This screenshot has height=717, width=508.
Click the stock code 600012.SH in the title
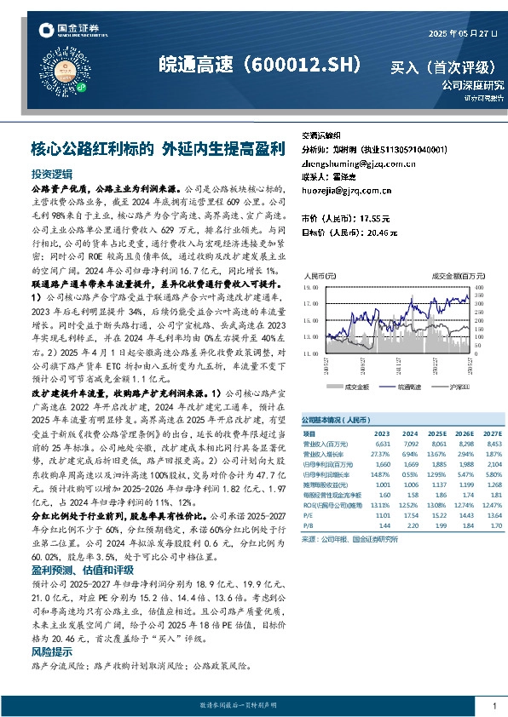click(304, 65)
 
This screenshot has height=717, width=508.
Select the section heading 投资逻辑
click(50, 173)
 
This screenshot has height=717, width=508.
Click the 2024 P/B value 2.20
click(410, 526)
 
